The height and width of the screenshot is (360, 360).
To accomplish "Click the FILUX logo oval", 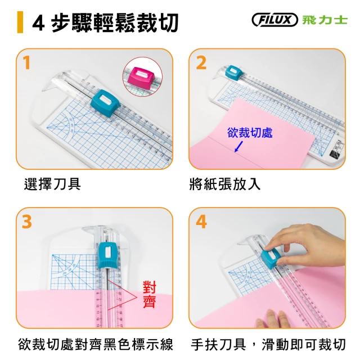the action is pyautogui.click(x=274, y=20).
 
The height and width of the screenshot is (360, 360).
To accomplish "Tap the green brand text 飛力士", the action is pyautogui.click(x=325, y=20).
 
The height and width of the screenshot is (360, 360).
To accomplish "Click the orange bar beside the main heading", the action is pyautogui.click(x=20, y=22).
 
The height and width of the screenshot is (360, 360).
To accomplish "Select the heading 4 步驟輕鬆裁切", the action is pyautogui.click(x=105, y=22).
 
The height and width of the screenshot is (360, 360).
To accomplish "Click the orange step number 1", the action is pyautogui.click(x=26, y=62).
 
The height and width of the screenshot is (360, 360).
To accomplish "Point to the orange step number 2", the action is pyautogui.click(x=201, y=62).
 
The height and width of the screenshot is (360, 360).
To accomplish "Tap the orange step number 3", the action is pyautogui.click(x=27, y=222).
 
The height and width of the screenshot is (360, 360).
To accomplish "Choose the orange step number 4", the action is pyautogui.click(x=201, y=222).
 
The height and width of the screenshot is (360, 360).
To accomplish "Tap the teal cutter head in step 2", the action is pyautogui.click(x=233, y=71).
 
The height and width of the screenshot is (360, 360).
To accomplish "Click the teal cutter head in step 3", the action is pyautogui.click(x=107, y=255).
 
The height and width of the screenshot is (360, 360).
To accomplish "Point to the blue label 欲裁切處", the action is pyautogui.click(x=250, y=133).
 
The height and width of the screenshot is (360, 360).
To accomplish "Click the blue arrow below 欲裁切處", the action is pyautogui.click(x=238, y=146).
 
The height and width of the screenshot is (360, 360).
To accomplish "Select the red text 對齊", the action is pyautogui.click(x=150, y=294).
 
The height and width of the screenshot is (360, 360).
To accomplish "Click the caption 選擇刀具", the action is pyautogui.click(x=52, y=184).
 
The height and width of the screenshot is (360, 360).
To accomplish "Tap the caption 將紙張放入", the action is pyautogui.click(x=225, y=184).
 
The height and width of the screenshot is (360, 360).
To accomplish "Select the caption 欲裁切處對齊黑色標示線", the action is pyautogui.click(x=96, y=344).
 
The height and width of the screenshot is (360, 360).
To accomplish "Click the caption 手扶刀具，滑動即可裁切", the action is pyautogui.click(x=268, y=344).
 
